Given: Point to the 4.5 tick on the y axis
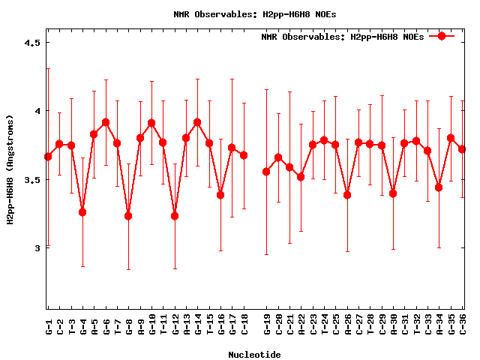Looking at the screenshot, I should pyautogui.click(x=31, y=43).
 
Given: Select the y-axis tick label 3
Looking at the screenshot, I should pyautogui.click(x=37, y=248).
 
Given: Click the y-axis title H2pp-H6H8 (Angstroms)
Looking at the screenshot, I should pyautogui.click(x=10, y=169).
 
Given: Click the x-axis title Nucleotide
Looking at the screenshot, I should pyautogui.click(x=255, y=355).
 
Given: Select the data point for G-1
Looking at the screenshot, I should pyautogui.click(x=48, y=157).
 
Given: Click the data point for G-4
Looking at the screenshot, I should pyautogui.click(x=82, y=212).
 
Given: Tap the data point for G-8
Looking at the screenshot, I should pyautogui.click(x=128, y=216).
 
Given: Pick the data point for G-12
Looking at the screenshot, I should pyautogui.click(x=175, y=216).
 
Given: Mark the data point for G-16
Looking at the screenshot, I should pyautogui.click(x=220, y=195).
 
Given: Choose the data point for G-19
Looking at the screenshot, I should pyautogui.click(x=266, y=172).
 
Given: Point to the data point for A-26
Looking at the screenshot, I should pyautogui.click(x=347, y=195).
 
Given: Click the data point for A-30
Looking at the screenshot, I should pyautogui.click(x=393, y=193).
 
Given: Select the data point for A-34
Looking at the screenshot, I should pyautogui.click(x=439, y=187).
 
